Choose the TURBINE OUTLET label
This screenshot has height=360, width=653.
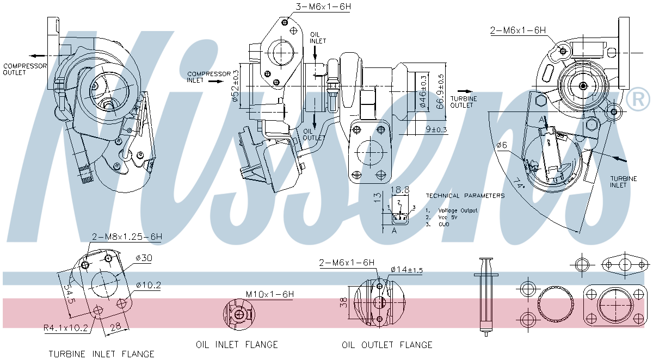pyautogui.click(x=467, y=102)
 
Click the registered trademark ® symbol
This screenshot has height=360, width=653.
pyautogui.click(x=638, y=98)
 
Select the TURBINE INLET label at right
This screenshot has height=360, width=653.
pyautogui.click(x=619, y=182)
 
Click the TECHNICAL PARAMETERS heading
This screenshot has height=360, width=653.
pyautogui.click(x=465, y=196)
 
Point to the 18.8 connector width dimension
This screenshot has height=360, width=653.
pyautogui.click(x=401, y=190)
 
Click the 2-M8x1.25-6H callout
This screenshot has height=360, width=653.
pyautogui.click(x=127, y=237)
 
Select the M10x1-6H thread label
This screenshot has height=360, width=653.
pyautogui.click(x=269, y=294)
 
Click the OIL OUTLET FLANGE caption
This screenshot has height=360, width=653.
pyautogui.click(x=387, y=345)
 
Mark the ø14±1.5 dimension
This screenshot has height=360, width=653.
pyautogui.click(x=406, y=270)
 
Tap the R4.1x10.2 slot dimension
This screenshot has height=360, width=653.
pyautogui.click(x=66, y=327)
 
